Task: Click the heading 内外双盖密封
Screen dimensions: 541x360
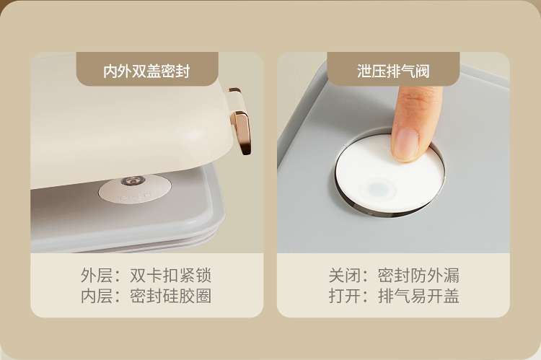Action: pos(146,71)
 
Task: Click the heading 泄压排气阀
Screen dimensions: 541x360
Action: pos(393,71)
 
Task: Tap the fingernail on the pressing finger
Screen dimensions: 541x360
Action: pos(405,144)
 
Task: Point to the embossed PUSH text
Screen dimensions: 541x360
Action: pos(136,197)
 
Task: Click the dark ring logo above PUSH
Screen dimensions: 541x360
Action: pos(133,180)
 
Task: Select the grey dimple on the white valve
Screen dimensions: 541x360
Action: pos(378,189)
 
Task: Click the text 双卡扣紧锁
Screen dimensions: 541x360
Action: pos(170,276)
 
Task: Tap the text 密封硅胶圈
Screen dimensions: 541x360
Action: pos(170,296)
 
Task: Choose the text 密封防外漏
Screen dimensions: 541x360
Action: pos(418,276)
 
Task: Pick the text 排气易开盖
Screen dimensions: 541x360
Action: pos(418,296)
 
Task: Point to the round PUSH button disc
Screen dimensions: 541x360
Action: pos(135,189)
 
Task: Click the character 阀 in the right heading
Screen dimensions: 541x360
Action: pos(422,71)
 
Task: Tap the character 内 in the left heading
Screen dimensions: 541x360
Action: pos(110,71)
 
